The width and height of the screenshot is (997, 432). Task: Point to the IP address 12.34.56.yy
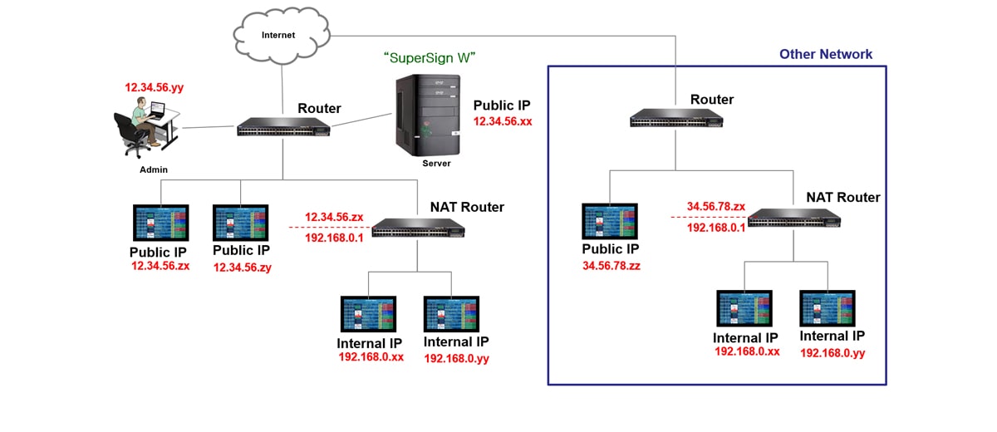pos(153,86)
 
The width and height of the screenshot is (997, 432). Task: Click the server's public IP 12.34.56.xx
pos(503,121)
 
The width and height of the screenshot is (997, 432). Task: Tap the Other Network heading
pos(825,55)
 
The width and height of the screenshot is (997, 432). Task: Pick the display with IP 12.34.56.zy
pos(241,223)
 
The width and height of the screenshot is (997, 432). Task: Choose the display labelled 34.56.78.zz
pos(609,222)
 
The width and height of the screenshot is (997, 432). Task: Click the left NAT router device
pos(418,227)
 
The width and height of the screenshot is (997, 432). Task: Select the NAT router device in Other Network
pos(793,217)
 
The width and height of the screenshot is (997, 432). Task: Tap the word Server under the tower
pos(435,164)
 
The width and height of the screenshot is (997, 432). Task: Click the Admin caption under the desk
pos(153,169)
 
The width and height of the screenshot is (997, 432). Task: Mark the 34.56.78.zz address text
pos(611,266)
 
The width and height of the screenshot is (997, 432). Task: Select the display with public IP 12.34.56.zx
pos(161,223)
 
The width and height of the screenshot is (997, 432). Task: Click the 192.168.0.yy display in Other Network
pos(828,308)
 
